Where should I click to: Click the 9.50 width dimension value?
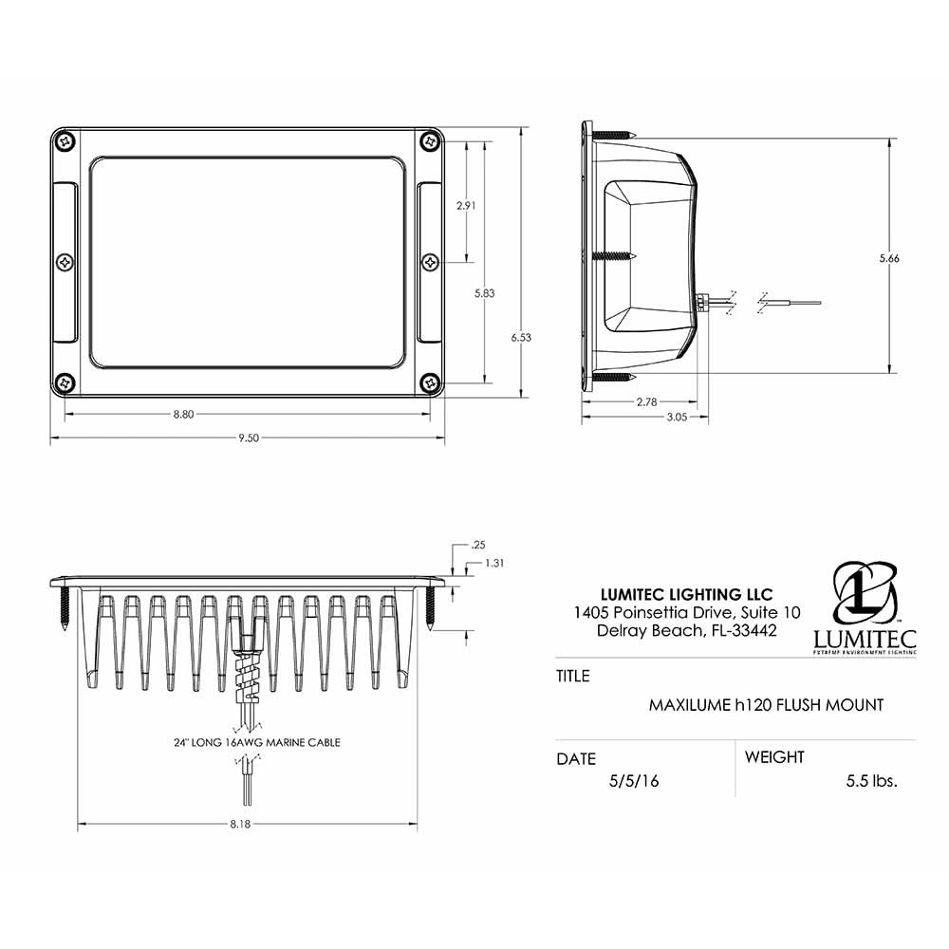pyautogui.click(x=248, y=437)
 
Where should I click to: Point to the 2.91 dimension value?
pyautogui.click(x=466, y=205)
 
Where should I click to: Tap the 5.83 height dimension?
pyautogui.click(x=484, y=293)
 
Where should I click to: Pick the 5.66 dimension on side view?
pyautogui.click(x=889, y=258)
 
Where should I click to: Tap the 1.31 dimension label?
pyautogui.click(x=493, y=563)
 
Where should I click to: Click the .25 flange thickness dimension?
pyautogui.click(x=478, y=545)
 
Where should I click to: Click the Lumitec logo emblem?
pyautogui.click(x=865, y=592)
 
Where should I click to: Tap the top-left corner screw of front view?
pyautogui.click(x=65, y=140)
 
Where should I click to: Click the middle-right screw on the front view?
pyautogui.click(x=430, y=260)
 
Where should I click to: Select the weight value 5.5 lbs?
pyautogui.click(x=871, y=781)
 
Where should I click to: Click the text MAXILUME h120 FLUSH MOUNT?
pyautogui.click(x=766, y=705)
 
